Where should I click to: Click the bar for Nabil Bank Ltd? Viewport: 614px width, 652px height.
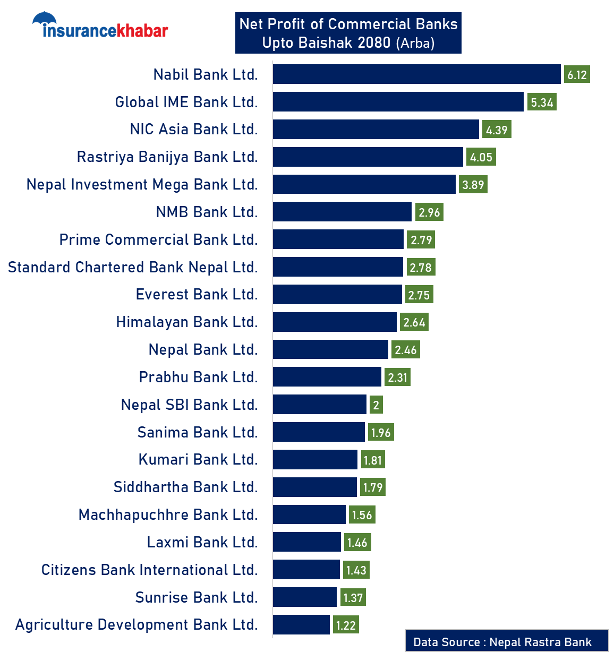[416, 74]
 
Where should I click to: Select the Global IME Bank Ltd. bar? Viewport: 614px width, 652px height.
[398, 102]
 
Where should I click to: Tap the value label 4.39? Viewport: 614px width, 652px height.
[497, 130]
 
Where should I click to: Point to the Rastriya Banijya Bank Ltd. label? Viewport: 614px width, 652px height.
[167, 157]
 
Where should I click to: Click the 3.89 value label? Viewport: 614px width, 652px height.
[473, 185]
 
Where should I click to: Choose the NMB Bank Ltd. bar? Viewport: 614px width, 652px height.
[342, 212]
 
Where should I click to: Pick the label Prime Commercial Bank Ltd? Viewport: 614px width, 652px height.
[158, 240]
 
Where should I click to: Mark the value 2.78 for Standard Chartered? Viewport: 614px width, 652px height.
[421, 268]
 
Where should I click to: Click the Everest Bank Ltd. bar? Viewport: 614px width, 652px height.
[337, 295]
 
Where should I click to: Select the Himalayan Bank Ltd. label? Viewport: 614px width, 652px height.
[187, 322]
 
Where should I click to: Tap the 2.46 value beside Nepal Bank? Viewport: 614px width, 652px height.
[406, 350]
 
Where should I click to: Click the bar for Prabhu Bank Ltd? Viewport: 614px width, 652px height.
[327, 377]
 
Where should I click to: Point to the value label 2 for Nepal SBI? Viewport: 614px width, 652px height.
[376, 405]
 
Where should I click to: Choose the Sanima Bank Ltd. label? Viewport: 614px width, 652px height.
[198, 433]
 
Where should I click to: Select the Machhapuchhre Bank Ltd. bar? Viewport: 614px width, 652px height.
[309, 514]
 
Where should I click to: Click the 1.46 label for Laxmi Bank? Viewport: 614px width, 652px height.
[357, 543]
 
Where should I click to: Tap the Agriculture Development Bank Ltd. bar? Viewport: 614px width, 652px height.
[301, 624]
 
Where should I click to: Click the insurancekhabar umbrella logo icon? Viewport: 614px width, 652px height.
[44, 20]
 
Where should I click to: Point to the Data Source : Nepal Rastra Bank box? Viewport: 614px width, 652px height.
[506, 641]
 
